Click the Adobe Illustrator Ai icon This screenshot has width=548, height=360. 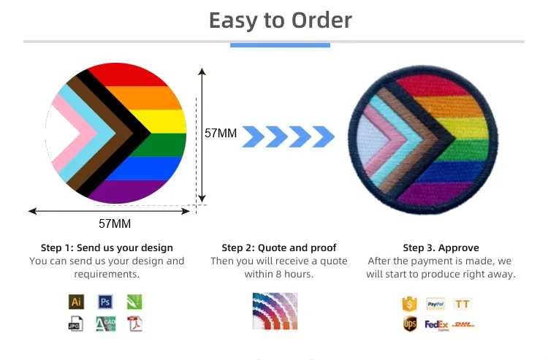tap(76, 302)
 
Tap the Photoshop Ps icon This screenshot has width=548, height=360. tap(105, 302)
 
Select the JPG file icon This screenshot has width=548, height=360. tap(75, 323)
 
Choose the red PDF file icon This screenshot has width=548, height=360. tap(134, 323)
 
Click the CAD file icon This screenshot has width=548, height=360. tap(105, 323)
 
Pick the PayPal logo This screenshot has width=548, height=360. tap(435, 304)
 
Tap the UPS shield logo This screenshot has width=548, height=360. tap(410, 324)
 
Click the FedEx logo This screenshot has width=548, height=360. tap(436, 325)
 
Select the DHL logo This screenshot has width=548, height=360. tap(463, 325)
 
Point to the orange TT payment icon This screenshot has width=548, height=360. tap(462, 304)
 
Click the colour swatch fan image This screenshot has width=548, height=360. tap(275, 311)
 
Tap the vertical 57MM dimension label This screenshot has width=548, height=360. tap(221, 133)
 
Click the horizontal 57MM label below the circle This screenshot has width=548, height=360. tap(115, 223)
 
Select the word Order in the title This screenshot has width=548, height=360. tap(321, 20)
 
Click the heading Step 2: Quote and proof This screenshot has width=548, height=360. tap(279, 248)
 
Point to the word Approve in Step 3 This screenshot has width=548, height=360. tap(459, 248)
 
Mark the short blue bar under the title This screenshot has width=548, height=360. tap(280, 45)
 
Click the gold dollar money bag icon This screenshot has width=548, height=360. tap(410, 304)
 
